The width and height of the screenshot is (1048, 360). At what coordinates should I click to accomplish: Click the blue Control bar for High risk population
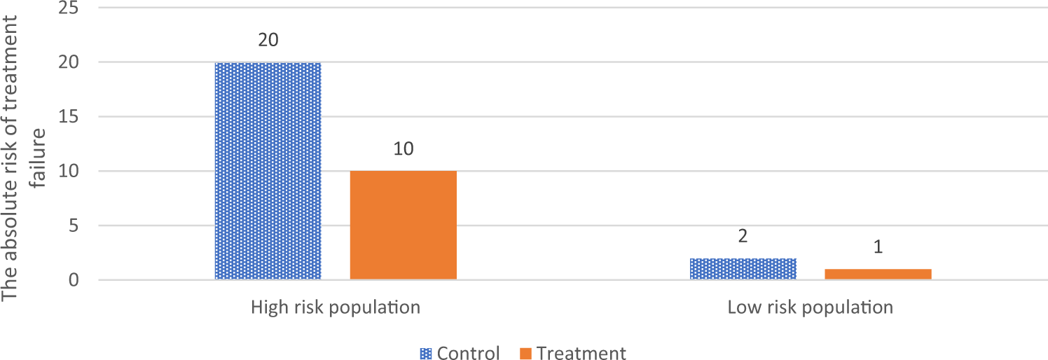(268, 172)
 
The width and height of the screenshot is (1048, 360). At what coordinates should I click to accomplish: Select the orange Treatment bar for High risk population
(403, 226)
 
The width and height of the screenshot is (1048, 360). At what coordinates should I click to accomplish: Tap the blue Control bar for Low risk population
(743, 270)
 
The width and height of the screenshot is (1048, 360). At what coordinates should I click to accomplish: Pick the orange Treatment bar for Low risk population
(878, 275)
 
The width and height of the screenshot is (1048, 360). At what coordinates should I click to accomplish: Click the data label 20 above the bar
(268, 40)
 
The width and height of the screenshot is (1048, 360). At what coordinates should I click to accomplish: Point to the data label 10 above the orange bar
(403, 149)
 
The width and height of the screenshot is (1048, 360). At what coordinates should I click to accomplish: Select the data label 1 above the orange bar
(878, 247)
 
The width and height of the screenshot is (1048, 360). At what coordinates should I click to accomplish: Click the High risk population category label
(336, 307)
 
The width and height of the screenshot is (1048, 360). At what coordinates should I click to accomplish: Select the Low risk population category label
(811, 307)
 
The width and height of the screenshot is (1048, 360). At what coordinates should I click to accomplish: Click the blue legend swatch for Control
(426, 354)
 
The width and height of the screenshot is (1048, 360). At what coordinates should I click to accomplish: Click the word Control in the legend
(468, 354)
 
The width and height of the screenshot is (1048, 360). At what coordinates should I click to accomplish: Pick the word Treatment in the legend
(581, 354)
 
